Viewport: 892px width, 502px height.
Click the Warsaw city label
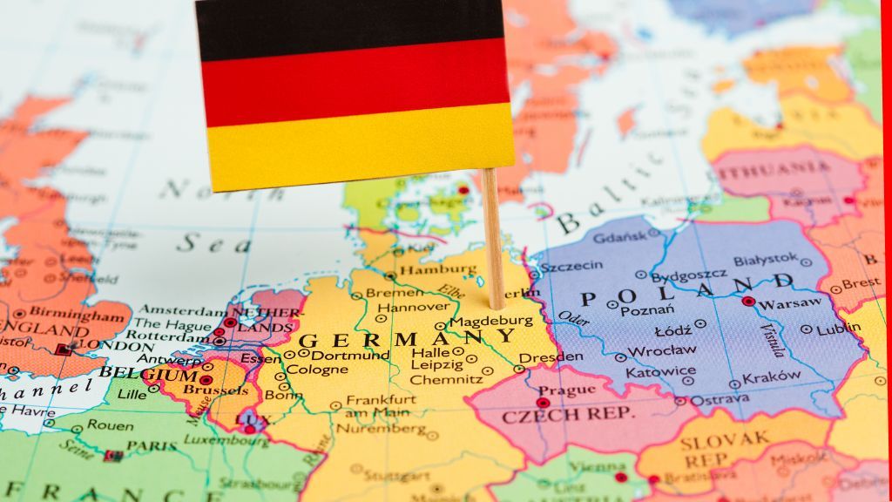tap(790, 303)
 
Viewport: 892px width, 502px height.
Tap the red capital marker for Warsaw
tap(748, 302)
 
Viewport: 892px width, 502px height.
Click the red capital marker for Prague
tap(543, 403)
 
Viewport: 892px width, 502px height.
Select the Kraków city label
tap(772, 376)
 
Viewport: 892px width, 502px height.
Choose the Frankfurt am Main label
tap(379, 405)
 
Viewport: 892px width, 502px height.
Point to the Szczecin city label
tap(571, 267)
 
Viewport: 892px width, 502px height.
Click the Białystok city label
tap(765, 259)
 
